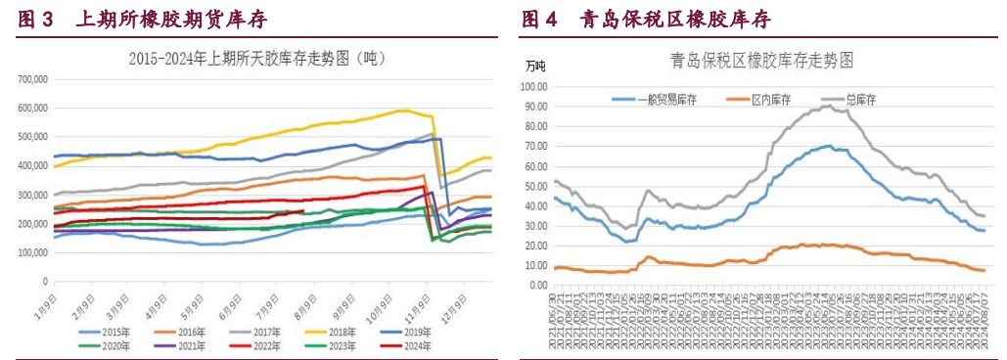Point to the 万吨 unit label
535,67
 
